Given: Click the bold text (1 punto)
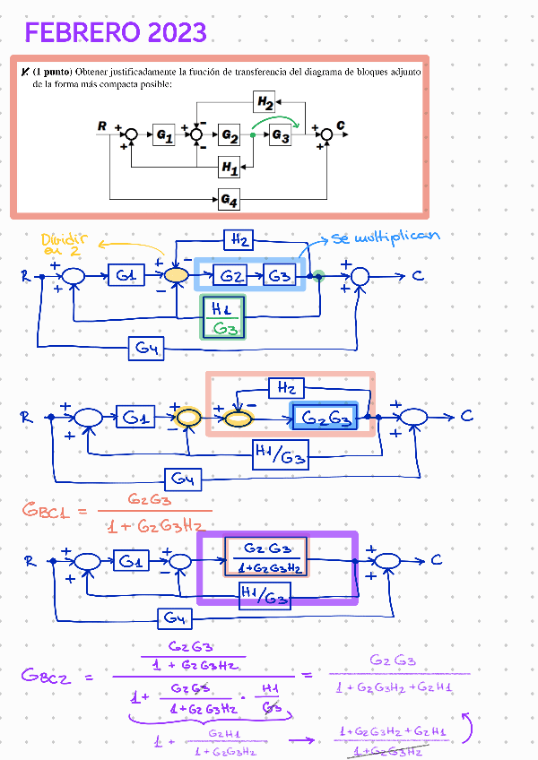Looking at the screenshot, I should pos(53,70).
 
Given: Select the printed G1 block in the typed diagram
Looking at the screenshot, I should pos(163,134).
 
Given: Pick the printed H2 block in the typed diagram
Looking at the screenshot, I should pos(265,103).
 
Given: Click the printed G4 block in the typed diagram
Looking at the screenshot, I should pos(229,200).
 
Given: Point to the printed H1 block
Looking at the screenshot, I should pos(230,167).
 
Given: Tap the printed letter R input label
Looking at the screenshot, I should pos(102,126).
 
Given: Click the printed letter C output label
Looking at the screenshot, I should pos(341,126).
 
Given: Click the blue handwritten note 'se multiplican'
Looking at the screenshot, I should pos(386,237).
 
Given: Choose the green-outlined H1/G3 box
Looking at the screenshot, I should pos(221,318).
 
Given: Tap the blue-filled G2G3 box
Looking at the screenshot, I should pos(324,418).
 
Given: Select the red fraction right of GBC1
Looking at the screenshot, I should pos(153,513).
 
